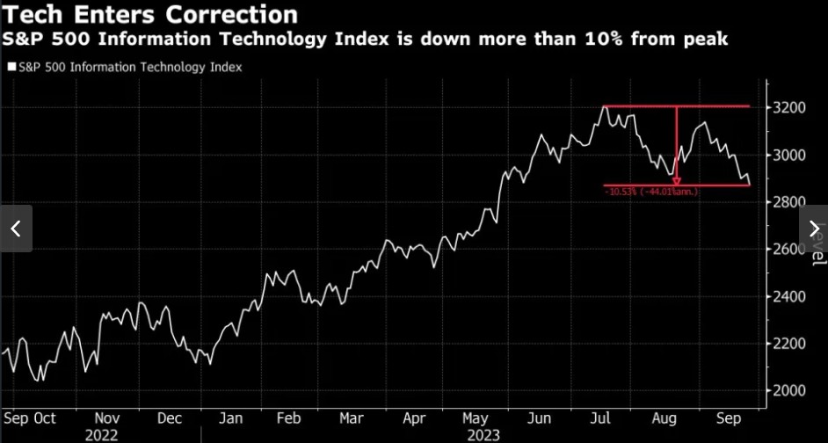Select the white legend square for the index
[x=11, y=67]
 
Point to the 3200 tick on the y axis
[x=788, y=108]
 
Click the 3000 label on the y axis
[x=788, y=156]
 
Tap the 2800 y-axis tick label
[x=788, y=202]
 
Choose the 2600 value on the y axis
[x=788, y=250]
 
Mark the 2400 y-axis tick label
[x=788, y=296]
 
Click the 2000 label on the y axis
[x=788, y=390]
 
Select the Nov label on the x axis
[x=106, y=419]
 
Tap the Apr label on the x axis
[x=414, y=419]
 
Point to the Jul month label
[x=601, y=419]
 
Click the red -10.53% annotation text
[x=651, y=192]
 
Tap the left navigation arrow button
[x=16, y=229]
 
